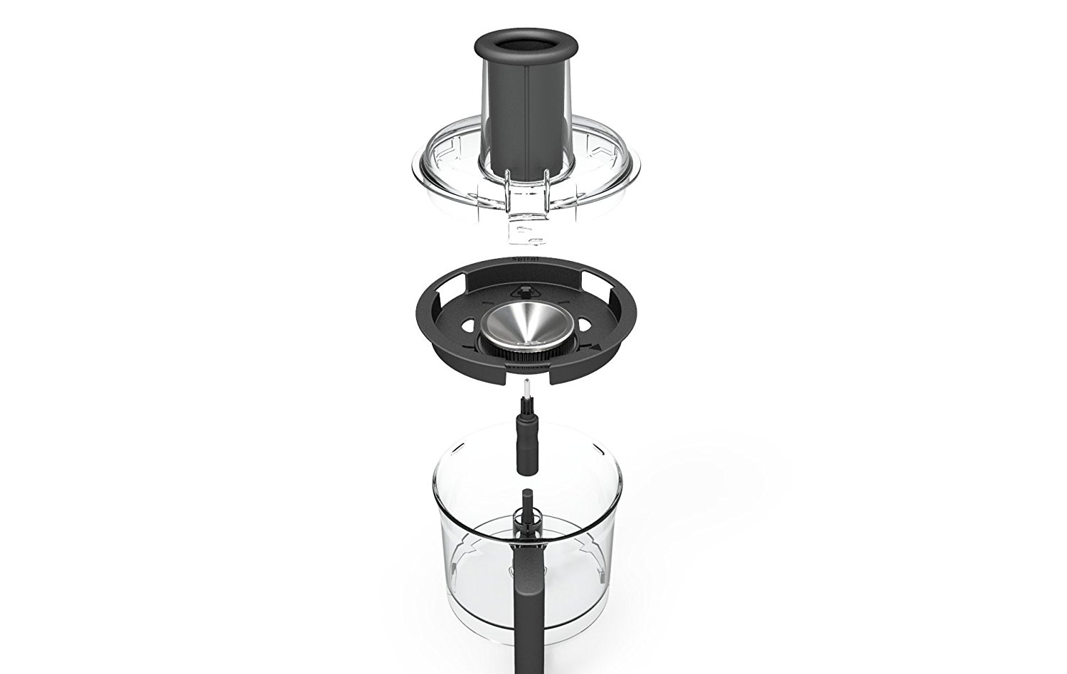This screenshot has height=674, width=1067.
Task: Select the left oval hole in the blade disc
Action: tap(468, 324)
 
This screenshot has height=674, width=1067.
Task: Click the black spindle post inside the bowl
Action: tap(527, 512)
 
